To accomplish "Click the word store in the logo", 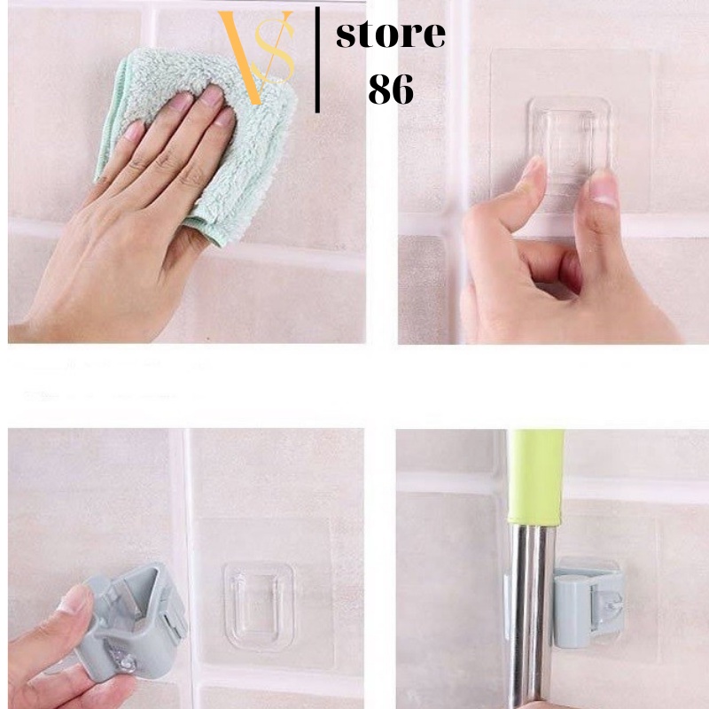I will coord(390,35).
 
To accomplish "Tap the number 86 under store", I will coord(391,90).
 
